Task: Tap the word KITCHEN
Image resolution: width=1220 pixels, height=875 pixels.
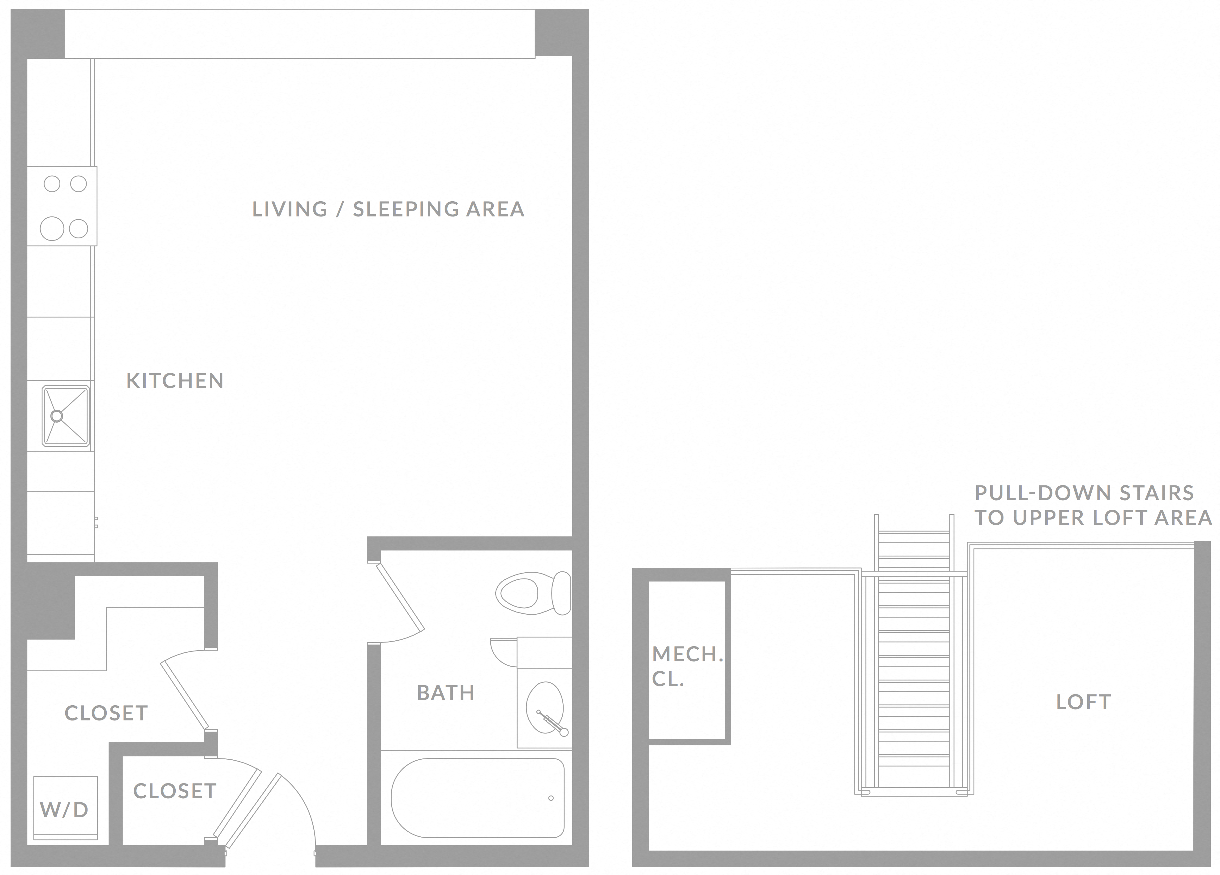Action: point(175,381)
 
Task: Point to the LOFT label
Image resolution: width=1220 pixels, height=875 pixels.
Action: point(1083,702)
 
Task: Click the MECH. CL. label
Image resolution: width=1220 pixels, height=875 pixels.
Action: point(687,667)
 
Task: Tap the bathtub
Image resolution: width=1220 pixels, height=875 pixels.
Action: point(478,798)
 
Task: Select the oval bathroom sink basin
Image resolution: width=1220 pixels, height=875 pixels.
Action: point(544,708)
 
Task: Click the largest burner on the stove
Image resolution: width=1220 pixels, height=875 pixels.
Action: point(52,228)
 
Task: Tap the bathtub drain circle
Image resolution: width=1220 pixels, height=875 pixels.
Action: point(551,798)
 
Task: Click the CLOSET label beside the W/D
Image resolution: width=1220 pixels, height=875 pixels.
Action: point(106,713)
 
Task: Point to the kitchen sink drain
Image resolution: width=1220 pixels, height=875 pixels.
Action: point(57,416)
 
